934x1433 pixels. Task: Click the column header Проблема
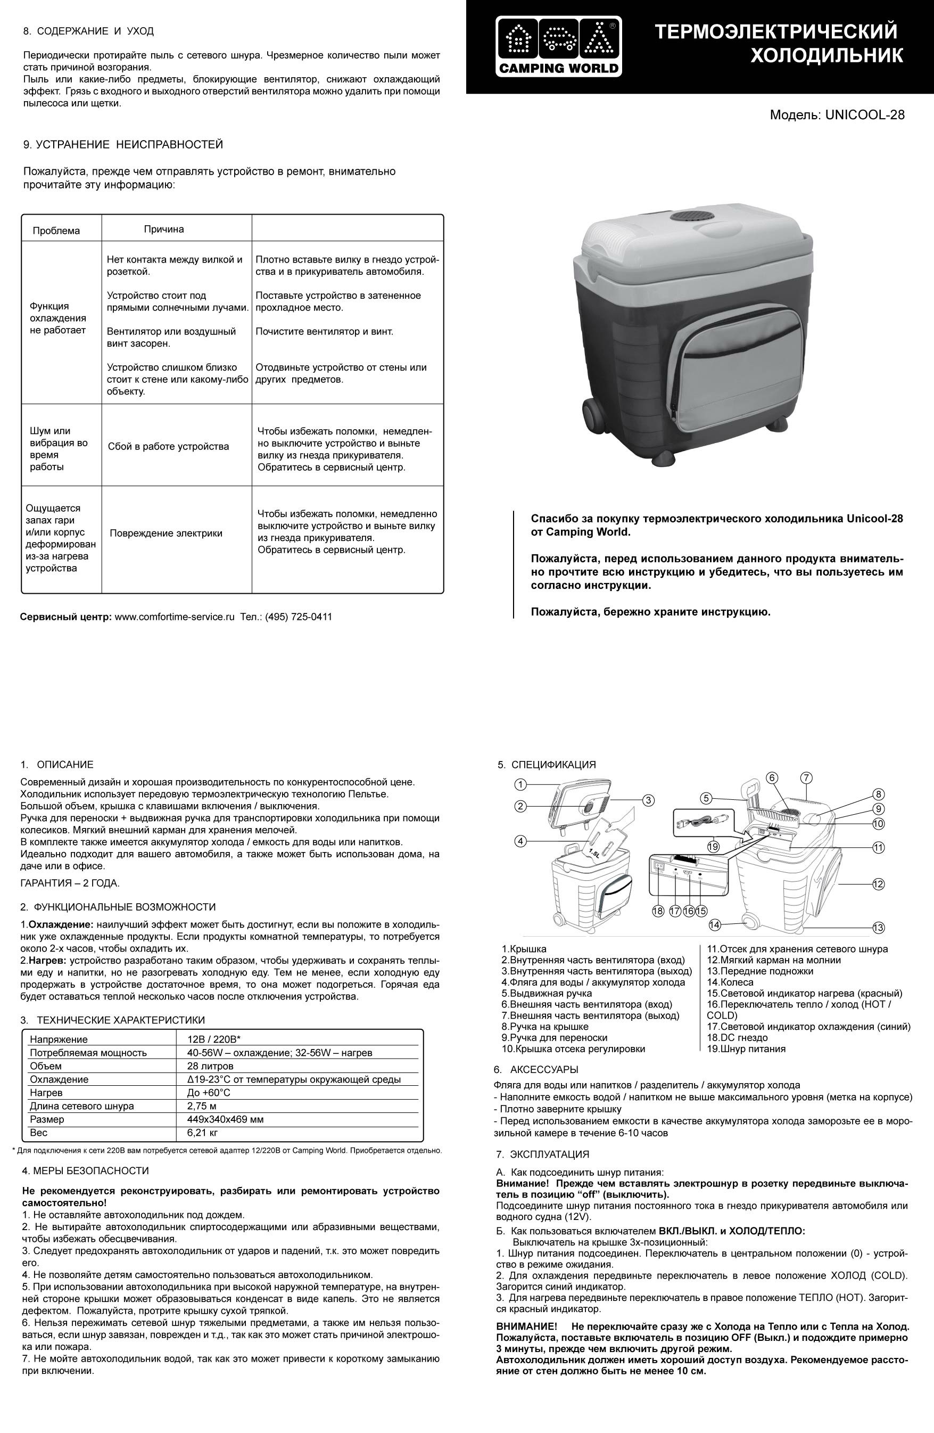[x=56, y=231]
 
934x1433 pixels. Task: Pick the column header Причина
[x=164, y=230]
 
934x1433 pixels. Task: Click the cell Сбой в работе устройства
[x=169, y=446]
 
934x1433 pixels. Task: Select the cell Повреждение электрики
[x=166, y=533]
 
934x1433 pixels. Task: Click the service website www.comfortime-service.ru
[x=174, y=617]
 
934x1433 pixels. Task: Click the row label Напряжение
[x=59, y=1039]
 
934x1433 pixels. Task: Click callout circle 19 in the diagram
[x=713, y=847]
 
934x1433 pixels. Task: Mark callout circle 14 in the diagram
[x=714, y=924]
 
